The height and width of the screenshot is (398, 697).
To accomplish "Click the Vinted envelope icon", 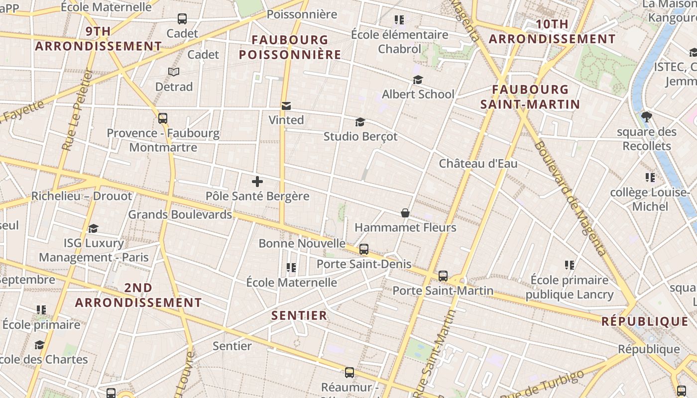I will (286, 106).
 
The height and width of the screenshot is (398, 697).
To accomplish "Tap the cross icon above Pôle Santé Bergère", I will (257, 182).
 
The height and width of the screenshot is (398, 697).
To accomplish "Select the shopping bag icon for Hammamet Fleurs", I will (405, 213).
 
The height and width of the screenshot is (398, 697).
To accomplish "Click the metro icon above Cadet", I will (182, 19).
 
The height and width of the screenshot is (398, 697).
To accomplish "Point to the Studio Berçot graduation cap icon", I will (360, 122).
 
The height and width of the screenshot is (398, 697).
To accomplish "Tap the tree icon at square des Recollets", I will (647, 117).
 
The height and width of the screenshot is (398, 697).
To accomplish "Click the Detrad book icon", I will (174, 72).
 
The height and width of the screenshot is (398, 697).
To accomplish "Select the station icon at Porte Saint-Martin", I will (443, 276).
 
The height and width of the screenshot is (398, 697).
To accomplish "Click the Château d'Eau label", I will (478, 164).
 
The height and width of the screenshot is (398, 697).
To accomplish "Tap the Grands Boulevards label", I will (180, 214).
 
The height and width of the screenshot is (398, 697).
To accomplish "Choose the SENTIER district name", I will (299, 315).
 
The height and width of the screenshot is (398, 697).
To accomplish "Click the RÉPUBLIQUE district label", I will (645, 321).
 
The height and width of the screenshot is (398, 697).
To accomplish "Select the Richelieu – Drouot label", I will (82, 196).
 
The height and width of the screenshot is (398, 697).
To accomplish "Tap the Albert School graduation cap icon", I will (418, 80).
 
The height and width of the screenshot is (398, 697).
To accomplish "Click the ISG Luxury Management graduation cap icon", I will (93, 228).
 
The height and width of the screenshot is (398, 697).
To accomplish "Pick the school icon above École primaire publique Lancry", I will (570, 265).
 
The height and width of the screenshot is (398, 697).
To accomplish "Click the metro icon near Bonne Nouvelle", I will (364, 249).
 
